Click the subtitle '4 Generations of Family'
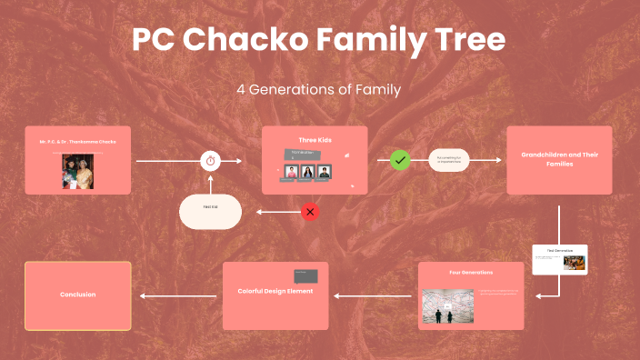pyautogui.click(x=319, y=90)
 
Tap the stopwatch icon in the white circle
pyautogui.click(x=211, y=160)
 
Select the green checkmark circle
pyautogui.click(x=400, y=160)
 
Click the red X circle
pyautogui.click(x=310, y=212)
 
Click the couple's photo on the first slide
pyautogui.click(x=78, y=171)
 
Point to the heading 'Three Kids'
pyautogui.click(x=315, y=139)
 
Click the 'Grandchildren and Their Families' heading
pyautogui.click(x=559, y=159)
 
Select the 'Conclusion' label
pyautogui.click(x=78, y=295)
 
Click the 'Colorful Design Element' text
pyautogui.click(x=275, y=291)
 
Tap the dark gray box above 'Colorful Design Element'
pyautogui.click(x=305, y=275)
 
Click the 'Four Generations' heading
pyautogui.click(x=471, y=273)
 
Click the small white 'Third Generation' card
pyautogui.click(x=560, y=259)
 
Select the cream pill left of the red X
pyautogui.click(x=210, y=211)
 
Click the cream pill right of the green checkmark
pyautogui.click(x=448, y=160)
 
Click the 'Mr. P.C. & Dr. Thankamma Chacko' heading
pyautogui.click(x=78, y=143)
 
